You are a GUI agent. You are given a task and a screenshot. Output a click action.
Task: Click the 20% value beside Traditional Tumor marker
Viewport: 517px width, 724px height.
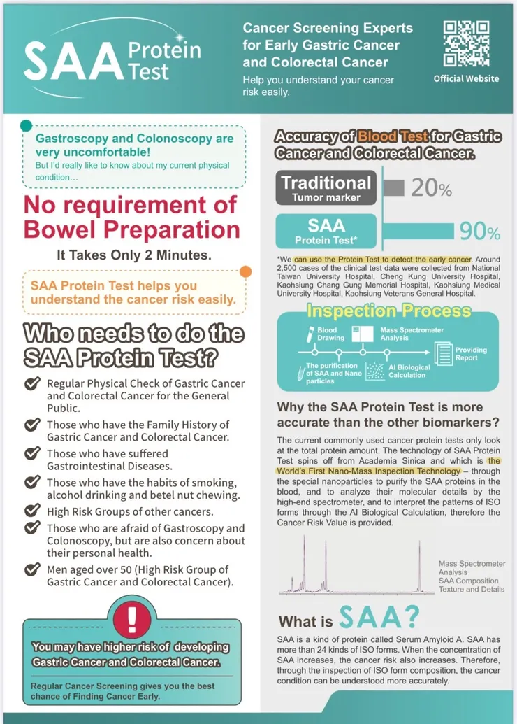[x=431, y=189]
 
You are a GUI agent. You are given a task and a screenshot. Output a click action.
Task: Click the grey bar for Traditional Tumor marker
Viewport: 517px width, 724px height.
[x=393, y=187]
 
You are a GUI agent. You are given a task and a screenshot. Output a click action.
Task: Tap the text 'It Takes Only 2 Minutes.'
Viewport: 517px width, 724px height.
[x=133, y=255]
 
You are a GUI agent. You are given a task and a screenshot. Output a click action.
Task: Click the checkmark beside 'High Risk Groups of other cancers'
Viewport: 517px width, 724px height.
[x=32, y=511]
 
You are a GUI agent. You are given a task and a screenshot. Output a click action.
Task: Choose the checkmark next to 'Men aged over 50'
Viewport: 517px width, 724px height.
[x=32, y=569]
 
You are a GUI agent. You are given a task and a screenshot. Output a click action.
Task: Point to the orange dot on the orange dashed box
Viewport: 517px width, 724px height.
[x=245, y=272]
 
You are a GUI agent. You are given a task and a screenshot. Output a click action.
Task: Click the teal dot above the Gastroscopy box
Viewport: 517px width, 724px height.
[x=26, y=126]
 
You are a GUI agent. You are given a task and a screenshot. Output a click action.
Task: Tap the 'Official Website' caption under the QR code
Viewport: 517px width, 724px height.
[x=466, y=78]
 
